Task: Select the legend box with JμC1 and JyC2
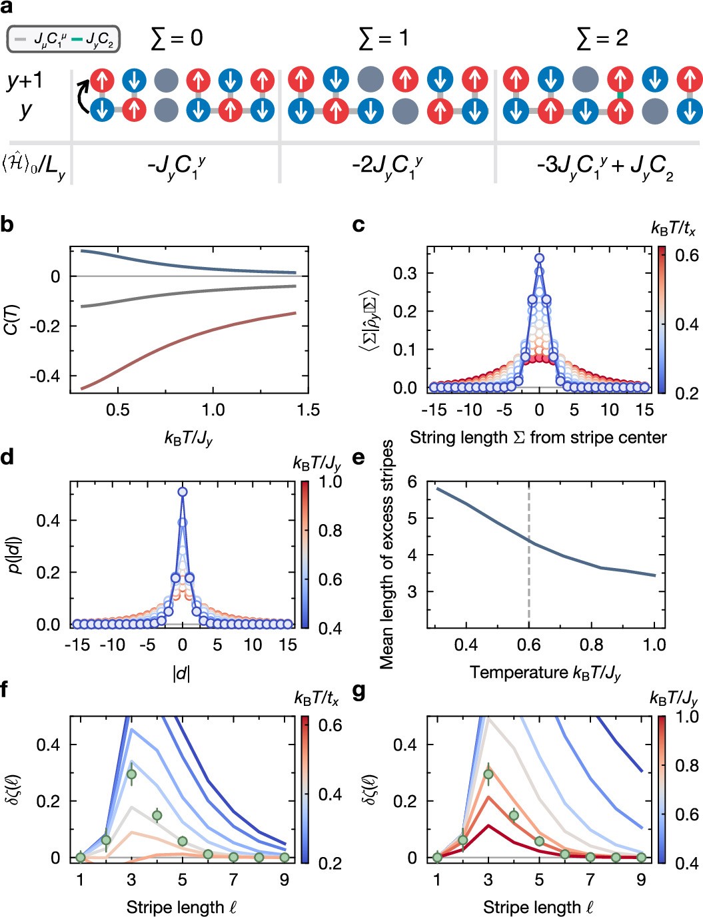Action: tap(63, 40)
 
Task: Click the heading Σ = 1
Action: tap(384, 39)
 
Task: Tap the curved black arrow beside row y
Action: tap(83, 97)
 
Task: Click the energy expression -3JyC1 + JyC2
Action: tap(604, 167)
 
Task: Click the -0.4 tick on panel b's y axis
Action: tap(45, 376)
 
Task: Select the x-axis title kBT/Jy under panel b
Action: tap(188, 438)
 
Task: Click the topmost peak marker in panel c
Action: tap(539, 258)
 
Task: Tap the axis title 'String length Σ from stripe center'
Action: tap(538, 438)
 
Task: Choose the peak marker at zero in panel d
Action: tap(182, 492)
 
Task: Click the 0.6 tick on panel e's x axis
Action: tap(529, 645)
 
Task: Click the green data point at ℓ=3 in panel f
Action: tap(131, 774)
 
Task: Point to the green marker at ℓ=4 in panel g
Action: tap(514, 815)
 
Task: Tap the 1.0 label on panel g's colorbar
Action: tap(687, 717)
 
